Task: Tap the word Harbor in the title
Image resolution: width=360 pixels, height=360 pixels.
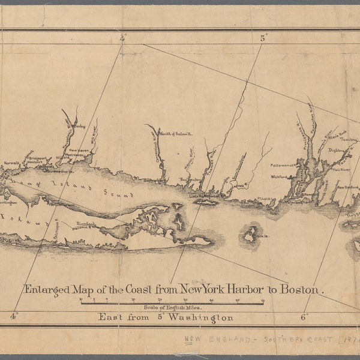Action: click(241, 289)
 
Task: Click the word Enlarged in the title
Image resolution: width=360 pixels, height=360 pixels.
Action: click(45, 289)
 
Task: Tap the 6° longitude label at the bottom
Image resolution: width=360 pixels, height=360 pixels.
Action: click(304, 316)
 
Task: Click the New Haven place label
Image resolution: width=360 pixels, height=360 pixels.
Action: click(79, 150)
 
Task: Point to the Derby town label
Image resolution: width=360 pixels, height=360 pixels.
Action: click(80, 127)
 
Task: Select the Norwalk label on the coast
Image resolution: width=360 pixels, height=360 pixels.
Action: click(11, 163)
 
